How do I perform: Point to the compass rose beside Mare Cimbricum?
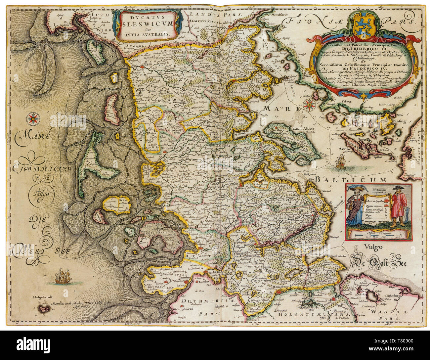[x=34, y=117]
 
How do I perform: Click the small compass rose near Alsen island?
[x=310, y=104]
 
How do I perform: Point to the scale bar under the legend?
[x=379, y=234]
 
